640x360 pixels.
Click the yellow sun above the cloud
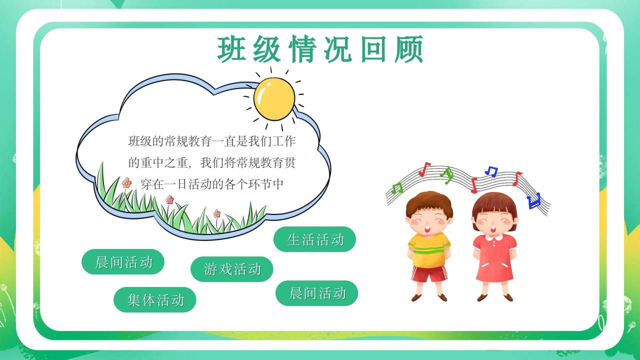coord(274,99)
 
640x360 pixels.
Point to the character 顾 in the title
coord(408,49)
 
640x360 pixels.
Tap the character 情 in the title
coord(302,49)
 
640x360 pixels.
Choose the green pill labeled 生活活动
coord(314,239)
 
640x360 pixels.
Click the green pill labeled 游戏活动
coord(231,269)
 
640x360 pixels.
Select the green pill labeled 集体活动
coord(155,299)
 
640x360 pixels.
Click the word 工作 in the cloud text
coord(283,141)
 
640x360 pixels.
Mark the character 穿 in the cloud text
coord(146,184)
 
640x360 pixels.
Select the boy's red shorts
coord(429,273)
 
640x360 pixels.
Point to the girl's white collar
coord(494,237)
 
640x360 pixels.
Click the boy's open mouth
coord(427,229)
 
